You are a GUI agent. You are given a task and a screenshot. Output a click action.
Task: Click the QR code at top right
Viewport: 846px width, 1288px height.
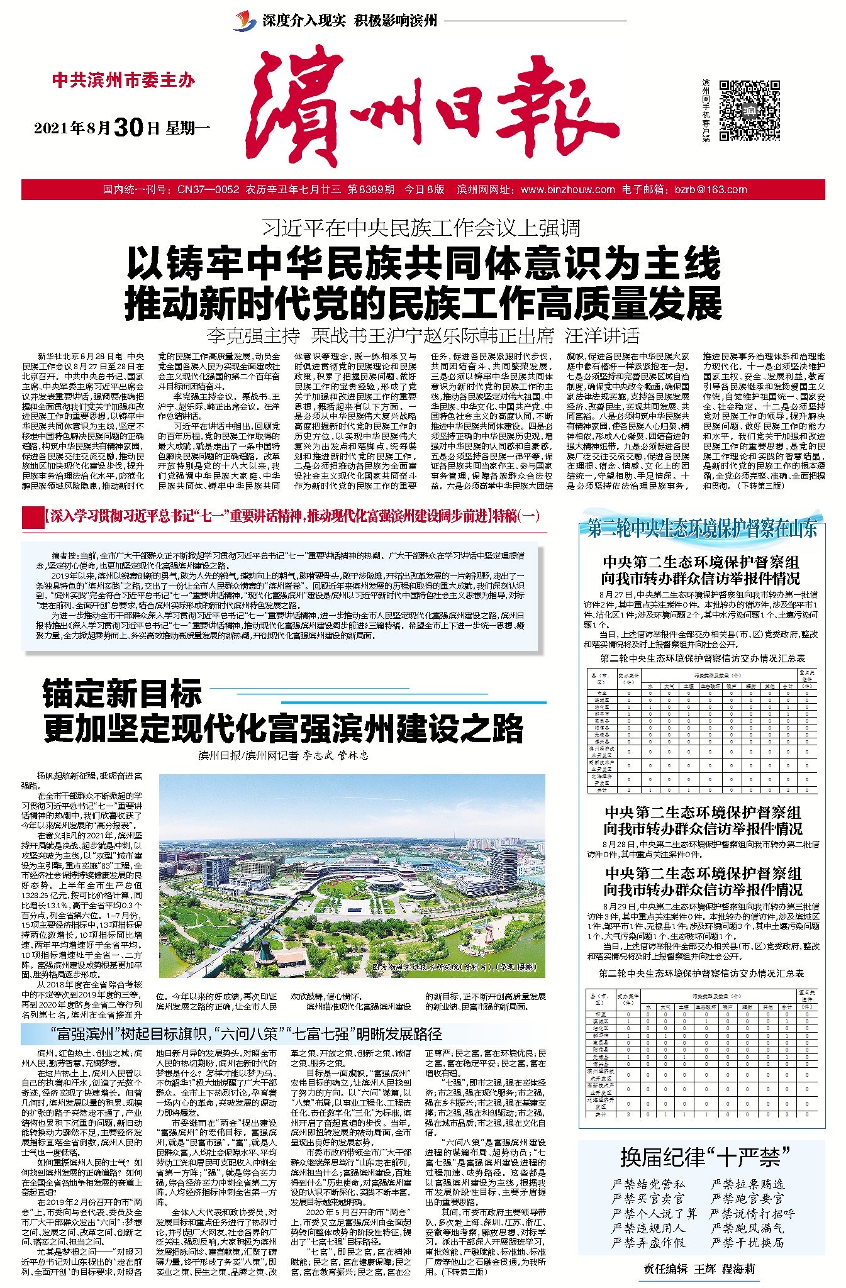[x=750, y=110]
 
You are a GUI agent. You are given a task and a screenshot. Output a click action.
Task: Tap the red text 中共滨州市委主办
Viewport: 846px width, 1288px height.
[x=123, y=80]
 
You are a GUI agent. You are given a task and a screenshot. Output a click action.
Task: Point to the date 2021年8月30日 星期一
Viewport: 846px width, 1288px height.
[x=121, y=128]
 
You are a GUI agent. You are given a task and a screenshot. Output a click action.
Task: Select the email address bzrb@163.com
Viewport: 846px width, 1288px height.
[x=711, y=189]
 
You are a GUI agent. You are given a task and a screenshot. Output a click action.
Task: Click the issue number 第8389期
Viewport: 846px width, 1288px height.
[x=371, y=189]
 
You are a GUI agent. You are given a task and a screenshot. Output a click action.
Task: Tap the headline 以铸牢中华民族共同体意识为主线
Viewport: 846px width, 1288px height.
[x=423, y=265]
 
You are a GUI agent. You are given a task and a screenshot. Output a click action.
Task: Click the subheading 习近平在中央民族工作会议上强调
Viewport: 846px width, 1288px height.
[x=421, y=228]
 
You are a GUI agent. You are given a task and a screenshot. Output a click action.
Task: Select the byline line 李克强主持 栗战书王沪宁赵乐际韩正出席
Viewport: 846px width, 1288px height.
[x=380, y=335]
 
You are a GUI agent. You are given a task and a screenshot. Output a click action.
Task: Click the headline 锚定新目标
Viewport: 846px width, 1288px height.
[x=123, y=694]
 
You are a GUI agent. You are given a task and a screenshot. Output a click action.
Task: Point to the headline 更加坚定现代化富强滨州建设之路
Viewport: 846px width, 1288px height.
[x=283, y=728]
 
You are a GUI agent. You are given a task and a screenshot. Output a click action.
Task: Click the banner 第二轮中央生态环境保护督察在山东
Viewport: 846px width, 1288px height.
[x=702, y=529]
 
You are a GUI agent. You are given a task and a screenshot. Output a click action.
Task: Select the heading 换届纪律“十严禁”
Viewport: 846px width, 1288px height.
[x=704, y=1157]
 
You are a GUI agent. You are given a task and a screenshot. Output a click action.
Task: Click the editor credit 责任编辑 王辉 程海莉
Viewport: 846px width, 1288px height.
[x=698, y=1269]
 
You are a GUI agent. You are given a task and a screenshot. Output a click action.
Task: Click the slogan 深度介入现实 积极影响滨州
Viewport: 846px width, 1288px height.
[x=349, y=21]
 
